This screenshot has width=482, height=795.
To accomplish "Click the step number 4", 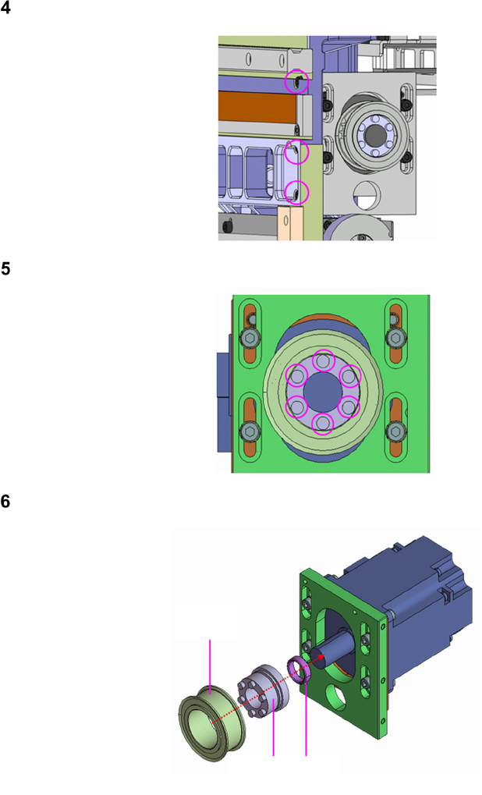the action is pos(5,8).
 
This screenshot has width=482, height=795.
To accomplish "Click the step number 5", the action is pos(5,268).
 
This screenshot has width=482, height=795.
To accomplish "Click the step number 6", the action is pos(5,502).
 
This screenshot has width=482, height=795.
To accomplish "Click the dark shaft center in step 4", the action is pos(375,134).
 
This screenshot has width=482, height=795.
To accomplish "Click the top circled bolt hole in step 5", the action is pos(324,361).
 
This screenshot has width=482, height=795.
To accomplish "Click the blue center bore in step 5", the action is pos(323,392).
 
